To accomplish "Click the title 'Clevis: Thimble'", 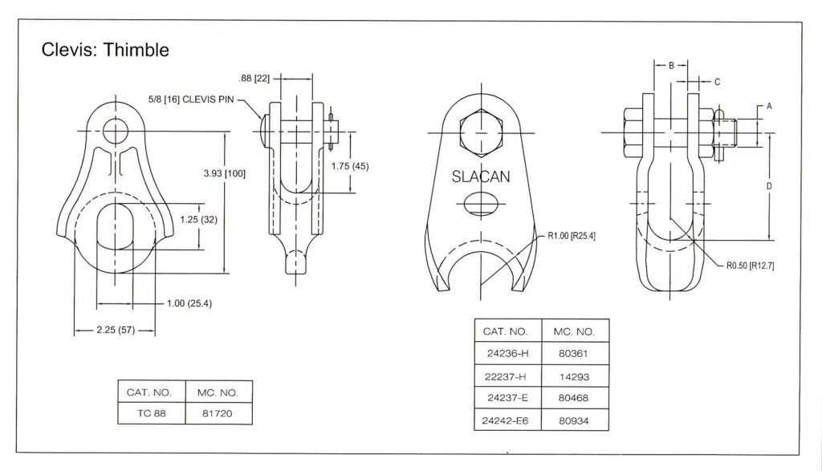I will click(105, 51).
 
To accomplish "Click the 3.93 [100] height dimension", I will click(225, 173).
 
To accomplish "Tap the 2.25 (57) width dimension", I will click(115, 331).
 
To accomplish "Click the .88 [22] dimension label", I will click(255, 79).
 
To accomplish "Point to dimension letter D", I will click(769, 186).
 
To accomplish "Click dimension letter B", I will click(671, 66).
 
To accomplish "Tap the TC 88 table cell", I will click(151, 415).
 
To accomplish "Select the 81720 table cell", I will click(218, 415).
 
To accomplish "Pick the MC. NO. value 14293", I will click(575, 376).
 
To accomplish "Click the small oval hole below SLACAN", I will click(480, 204).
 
